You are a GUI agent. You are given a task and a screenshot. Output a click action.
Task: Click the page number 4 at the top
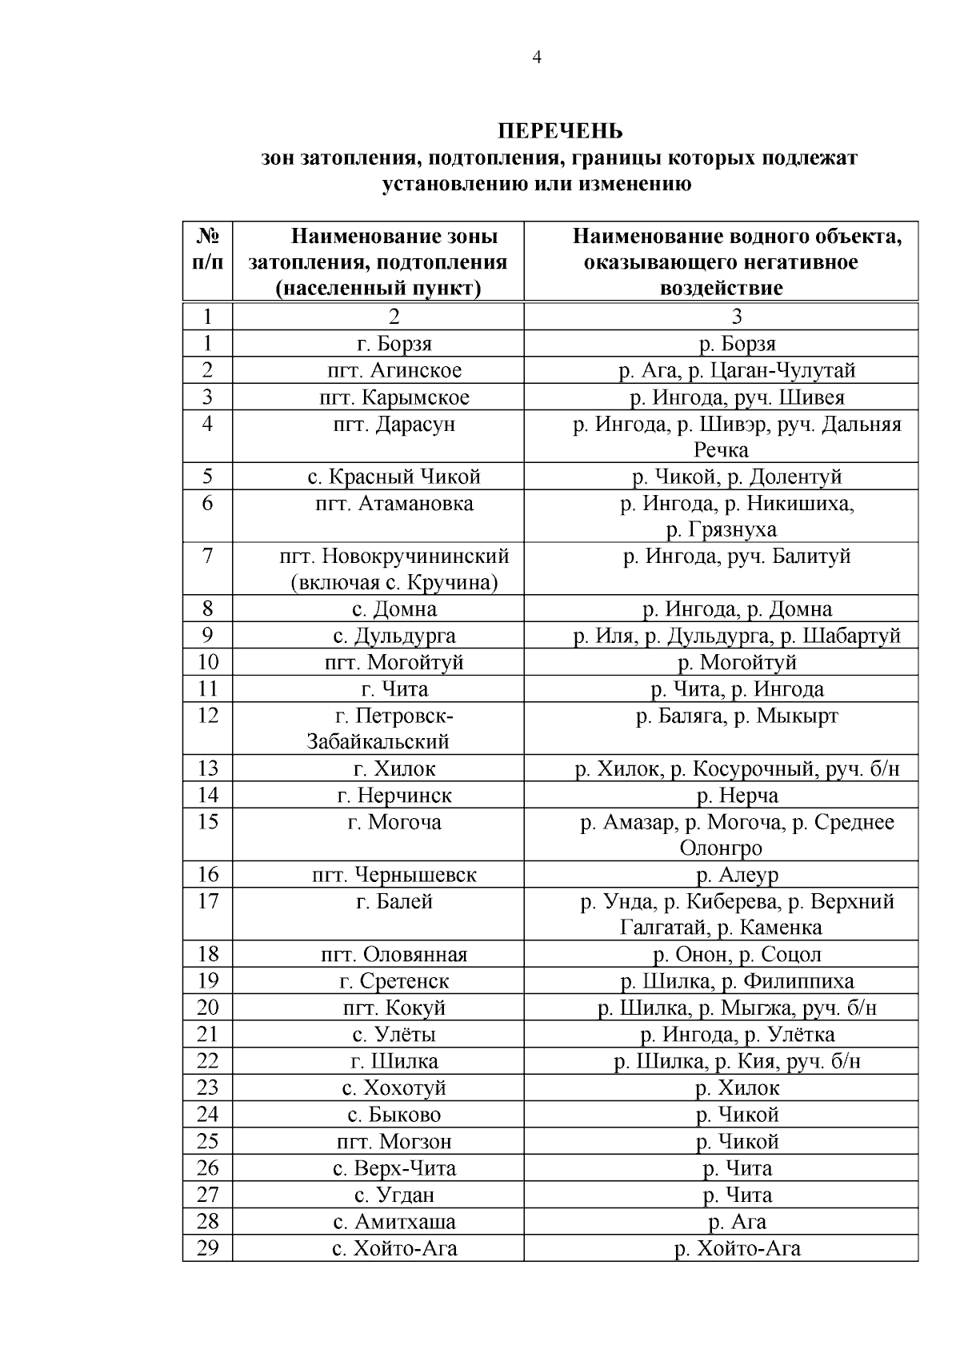(537, 57)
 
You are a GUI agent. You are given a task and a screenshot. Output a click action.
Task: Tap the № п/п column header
(207, 249)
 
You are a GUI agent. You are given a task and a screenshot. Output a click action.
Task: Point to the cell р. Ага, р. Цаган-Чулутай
(737, 370)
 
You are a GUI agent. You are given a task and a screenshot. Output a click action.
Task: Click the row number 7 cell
(207, 555)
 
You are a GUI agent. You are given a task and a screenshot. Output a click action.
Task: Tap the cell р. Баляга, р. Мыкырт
(737, 716)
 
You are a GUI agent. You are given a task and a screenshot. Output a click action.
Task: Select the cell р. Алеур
(737, 875)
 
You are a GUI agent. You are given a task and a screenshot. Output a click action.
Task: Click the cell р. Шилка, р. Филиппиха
(737, 980)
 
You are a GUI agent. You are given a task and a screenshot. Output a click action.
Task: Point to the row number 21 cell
(207, 1034)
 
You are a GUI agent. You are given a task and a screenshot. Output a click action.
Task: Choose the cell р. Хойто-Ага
(737, 1247)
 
